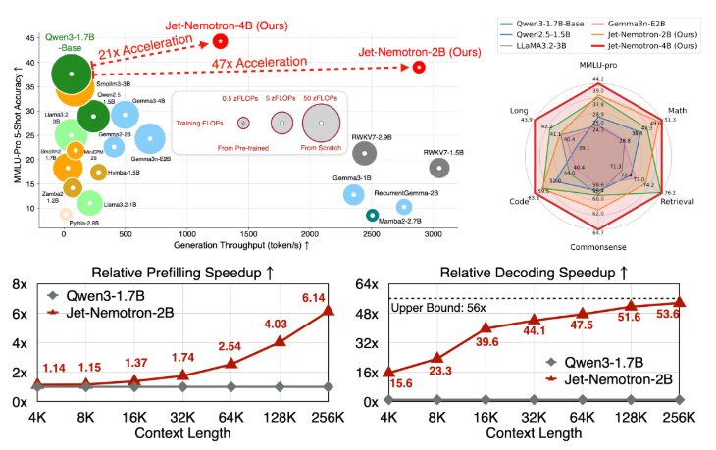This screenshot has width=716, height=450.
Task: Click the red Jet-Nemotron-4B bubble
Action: [221, 41]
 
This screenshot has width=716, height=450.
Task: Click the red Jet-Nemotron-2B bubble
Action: [419, 67]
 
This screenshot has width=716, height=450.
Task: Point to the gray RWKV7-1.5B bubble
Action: [440, 168]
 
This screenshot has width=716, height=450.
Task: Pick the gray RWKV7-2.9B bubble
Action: [364, 152]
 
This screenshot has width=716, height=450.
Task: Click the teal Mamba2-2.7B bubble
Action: [372, 215]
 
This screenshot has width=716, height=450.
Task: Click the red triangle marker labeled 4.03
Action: [280, 341]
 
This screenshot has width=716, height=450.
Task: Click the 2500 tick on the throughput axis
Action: [372, 235]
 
